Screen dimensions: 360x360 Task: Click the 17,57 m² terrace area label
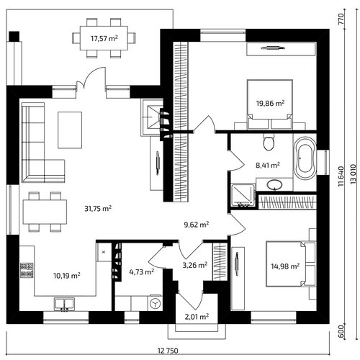point(104,38)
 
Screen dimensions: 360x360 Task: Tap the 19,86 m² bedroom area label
point(270,103)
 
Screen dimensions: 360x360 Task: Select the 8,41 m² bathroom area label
point(268,165)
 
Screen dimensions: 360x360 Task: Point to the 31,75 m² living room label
point(98,208)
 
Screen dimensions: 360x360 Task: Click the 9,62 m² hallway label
point(197,225)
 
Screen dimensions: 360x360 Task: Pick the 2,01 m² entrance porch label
point(197,317)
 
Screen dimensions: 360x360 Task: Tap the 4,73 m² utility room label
point(142,272)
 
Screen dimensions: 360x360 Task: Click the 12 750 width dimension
point(168,351)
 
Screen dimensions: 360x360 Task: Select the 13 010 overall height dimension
point(353,174)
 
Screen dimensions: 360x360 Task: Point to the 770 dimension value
point(341,19)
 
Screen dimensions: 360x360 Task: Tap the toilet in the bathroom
point(269,142)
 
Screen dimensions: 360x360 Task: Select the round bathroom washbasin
point(274,184)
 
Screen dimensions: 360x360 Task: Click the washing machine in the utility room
point(155,303)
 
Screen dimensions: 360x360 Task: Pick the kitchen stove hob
point(27,270)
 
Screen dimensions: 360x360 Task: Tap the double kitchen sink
point(64,304)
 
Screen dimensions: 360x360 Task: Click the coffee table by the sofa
point(70,130)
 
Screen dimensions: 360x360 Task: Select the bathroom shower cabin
point(243,195)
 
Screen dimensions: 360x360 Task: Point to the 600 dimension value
point(341,331)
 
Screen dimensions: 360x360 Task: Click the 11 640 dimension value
point(341,176)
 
